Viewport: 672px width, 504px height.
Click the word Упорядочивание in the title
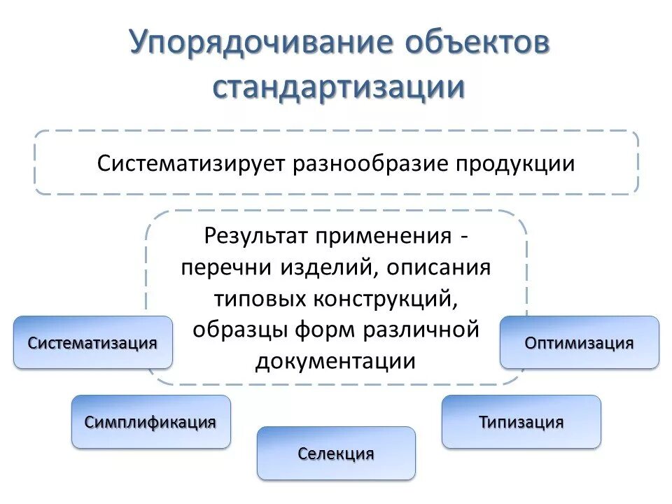(x=260, y=45)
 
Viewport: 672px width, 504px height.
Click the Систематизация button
(x=92, y=343)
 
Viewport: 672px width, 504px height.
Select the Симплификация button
(x=150, y=422)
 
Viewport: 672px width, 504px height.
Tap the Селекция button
(x=336, y=454)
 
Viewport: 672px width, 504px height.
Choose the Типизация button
(x=521, y=422)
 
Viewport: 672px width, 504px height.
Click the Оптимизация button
(x=580, y=343)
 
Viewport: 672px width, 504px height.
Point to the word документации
(x=336, y=361)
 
